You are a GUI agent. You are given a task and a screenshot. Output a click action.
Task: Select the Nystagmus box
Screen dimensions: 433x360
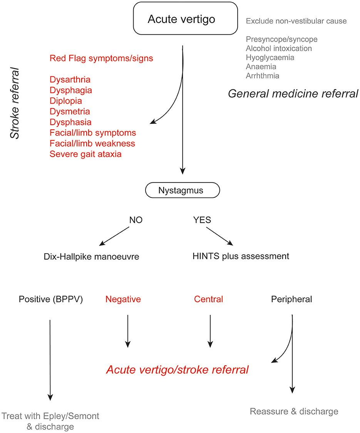point(183,190)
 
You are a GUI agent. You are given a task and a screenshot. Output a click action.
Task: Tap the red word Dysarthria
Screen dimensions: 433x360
point(70,80)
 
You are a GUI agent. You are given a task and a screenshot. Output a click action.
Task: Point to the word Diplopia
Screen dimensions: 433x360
point(65,101)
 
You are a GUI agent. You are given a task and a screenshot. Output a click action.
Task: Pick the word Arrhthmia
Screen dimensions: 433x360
point(263,75)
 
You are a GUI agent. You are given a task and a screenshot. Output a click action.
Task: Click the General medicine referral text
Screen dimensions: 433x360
point(293,94)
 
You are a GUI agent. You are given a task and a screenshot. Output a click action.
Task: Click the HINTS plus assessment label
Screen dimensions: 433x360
point(241,256)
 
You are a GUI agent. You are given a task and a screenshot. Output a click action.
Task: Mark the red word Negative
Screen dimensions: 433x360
point(123,299)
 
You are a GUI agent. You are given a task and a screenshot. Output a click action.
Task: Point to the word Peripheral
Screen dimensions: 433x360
point(291,299)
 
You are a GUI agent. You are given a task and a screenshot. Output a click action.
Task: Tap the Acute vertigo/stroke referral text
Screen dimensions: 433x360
point(177,370)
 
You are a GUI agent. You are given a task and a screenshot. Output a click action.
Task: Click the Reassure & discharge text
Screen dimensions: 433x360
point(294,411)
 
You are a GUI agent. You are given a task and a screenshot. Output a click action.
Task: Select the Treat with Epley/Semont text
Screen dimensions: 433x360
point(50,416)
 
